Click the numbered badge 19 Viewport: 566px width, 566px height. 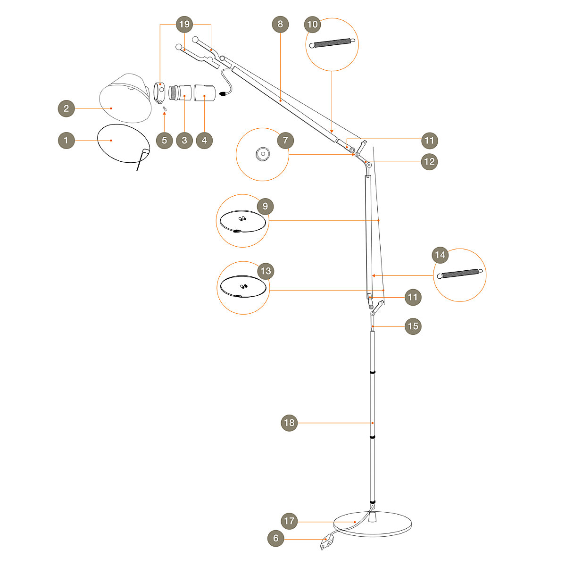[184, 24]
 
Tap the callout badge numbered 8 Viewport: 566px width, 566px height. [280, 24]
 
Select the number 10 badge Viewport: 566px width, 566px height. [312, 24]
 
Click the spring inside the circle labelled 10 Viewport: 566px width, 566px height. [332, 43]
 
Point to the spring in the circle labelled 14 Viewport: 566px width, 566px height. [460, 274]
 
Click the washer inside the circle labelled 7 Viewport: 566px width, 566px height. [262, 154]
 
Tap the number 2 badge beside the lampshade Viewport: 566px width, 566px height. [67, 108]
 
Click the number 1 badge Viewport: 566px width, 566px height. [67, 141]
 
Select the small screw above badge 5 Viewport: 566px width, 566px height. [165, 108]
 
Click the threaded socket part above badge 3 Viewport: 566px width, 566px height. [180, 92]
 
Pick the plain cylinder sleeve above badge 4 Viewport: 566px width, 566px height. [205, 92]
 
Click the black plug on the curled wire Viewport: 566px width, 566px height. [224, 94]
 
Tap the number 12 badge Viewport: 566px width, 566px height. [429, 162]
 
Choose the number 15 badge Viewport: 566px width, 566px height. [413, 326]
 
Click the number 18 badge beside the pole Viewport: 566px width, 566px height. [289, 423]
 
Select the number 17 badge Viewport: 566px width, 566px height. [289, 521]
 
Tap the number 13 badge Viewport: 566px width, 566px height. [266, 271]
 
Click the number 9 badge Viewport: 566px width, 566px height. [265, 206]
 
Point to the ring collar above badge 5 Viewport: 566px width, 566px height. [159, 93]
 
